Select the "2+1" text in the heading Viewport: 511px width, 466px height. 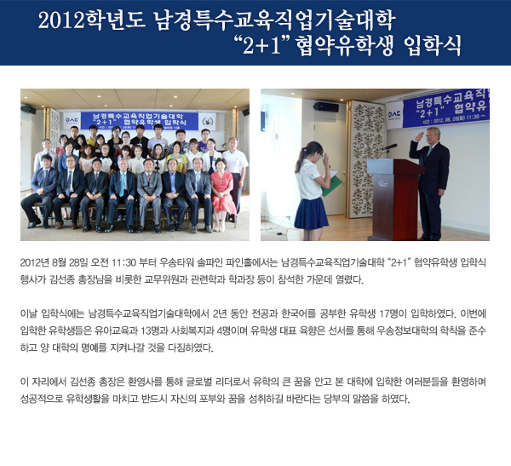pos(261,45)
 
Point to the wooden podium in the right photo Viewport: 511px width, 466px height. pos(394,198)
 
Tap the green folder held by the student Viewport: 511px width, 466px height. pos(332,185)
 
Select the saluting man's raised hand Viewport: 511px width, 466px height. pos(419,135)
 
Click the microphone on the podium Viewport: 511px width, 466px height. pos(389,147)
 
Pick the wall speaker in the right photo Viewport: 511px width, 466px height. pos(325,106)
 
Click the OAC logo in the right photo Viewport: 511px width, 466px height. pos(394,114)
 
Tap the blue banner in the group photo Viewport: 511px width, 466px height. pos(140,120)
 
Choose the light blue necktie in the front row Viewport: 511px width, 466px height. pos(122,184)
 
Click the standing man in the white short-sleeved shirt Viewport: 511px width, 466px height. pos(234,176)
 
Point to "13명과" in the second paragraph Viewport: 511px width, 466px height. pos(154,331)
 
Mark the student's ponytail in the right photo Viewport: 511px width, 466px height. pos(300,159)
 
